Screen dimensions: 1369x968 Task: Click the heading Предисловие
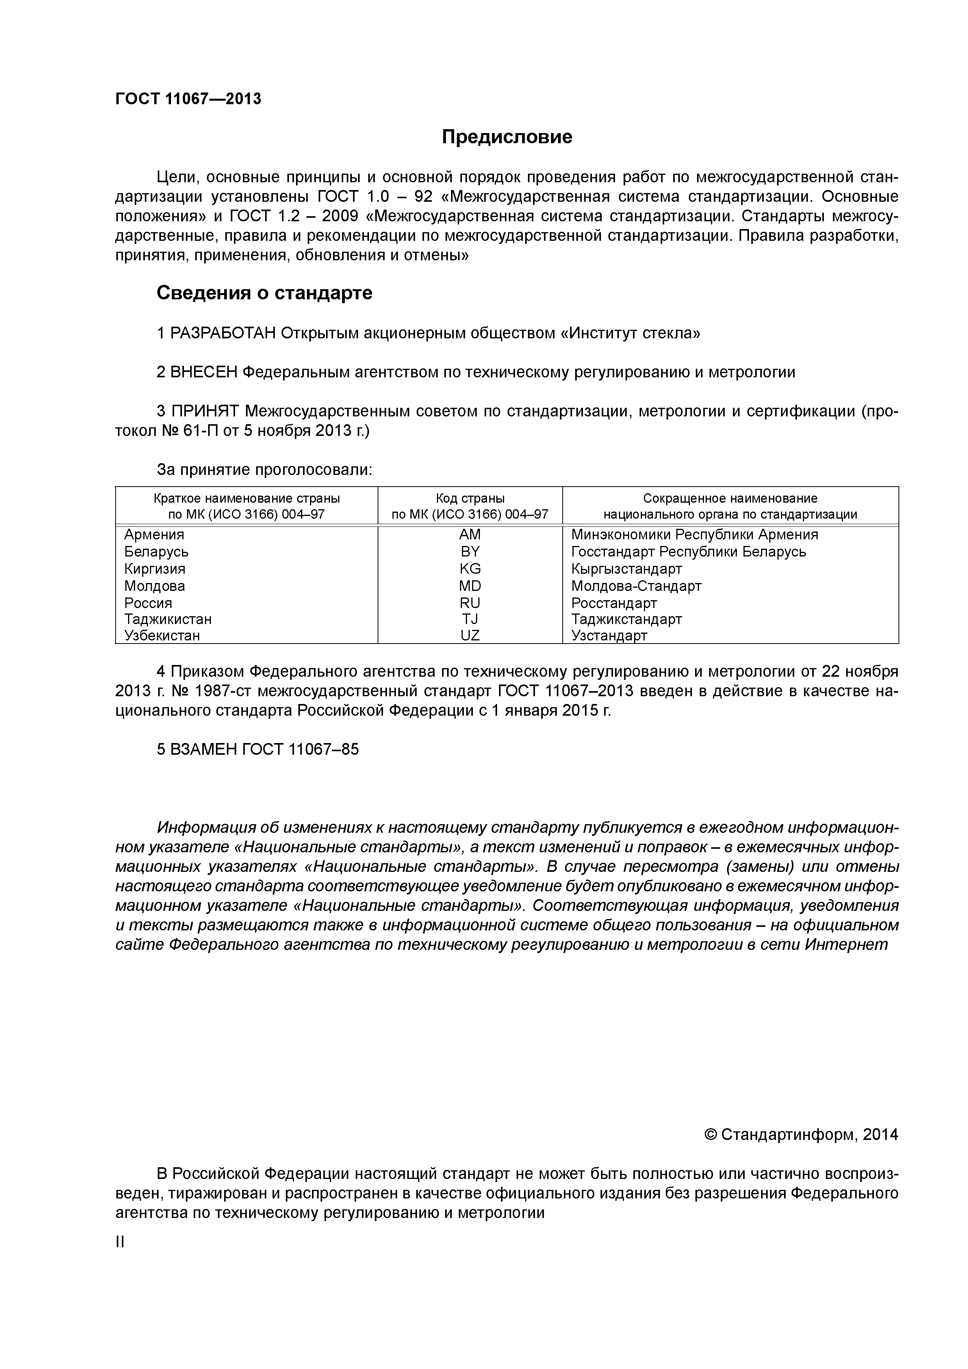(x=506, y=137)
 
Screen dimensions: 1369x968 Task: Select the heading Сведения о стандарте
(x=264, y=293)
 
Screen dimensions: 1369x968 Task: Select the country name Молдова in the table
(x=155, y=585)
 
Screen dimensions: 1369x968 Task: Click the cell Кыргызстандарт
(x=626, y=568)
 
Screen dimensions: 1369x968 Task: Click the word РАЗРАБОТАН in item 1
(x=223, y=333)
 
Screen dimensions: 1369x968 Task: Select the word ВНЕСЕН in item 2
(x=204, y=372)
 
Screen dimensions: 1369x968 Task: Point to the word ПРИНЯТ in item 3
(x=205, y=411)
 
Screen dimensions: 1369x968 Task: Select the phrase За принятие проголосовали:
(x=264, y=470)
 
